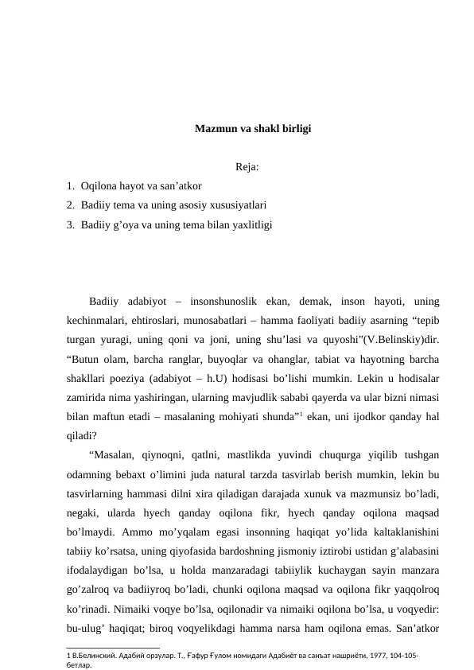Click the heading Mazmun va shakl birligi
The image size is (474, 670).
(252, 127)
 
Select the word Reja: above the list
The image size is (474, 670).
(248, 167)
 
